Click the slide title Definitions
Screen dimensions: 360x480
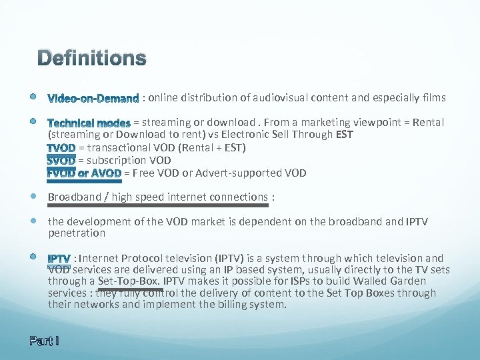(91, 59)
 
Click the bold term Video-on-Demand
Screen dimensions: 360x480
(93, 99)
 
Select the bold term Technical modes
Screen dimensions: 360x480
(89, 123)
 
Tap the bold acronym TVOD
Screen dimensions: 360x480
(61, 148)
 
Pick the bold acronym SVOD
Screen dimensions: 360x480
(61, 161)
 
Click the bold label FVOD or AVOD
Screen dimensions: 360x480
(84, 173)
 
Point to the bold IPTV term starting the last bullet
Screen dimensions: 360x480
(59, 259)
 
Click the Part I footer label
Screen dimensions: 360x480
(44, 341)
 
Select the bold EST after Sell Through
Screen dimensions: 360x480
(345, 135)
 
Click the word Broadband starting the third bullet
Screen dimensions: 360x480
(72, 197)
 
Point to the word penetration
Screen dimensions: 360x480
(77, 233)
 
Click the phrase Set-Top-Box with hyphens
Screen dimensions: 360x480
(129, 281)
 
